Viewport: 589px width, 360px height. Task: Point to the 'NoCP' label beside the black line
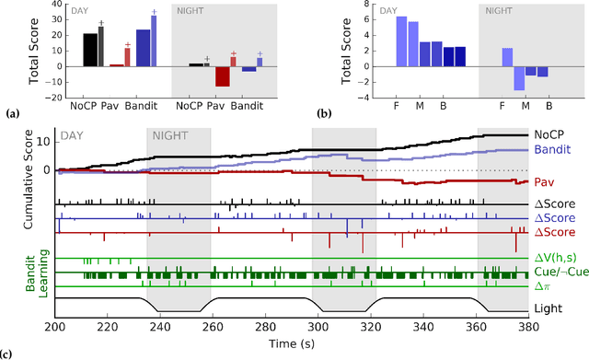[550, 134]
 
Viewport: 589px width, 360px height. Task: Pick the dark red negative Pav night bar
[222, 76]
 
